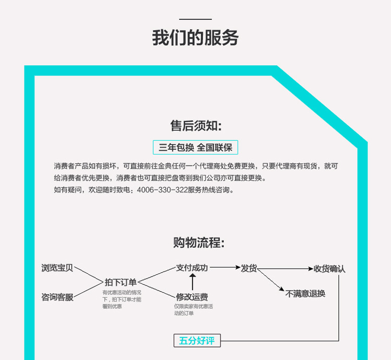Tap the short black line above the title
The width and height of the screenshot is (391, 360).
pos(195,19)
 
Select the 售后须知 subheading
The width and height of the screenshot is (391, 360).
pos(195,126)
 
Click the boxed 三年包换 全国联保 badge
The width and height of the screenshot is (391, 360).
pos(195,148)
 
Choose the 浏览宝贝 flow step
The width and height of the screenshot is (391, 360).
pos(57,268)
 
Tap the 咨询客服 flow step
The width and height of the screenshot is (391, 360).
pos(57,297)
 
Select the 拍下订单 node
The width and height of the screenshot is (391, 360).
pos(121,282)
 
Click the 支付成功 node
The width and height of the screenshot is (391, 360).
pos(192,268)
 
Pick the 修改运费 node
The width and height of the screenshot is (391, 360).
pos(192,297)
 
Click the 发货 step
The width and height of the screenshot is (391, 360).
pos(249,268)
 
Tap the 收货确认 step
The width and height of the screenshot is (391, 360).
pos(329,269)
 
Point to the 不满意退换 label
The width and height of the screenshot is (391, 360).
pos(306,293)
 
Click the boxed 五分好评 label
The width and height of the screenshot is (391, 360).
pos(197,341)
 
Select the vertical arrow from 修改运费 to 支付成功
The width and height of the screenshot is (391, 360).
pos(192,282)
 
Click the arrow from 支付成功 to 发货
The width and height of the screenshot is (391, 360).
pos(224,268)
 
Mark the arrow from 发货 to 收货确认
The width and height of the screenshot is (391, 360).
pos(285,269)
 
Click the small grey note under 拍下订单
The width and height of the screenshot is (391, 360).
pos(121,299)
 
